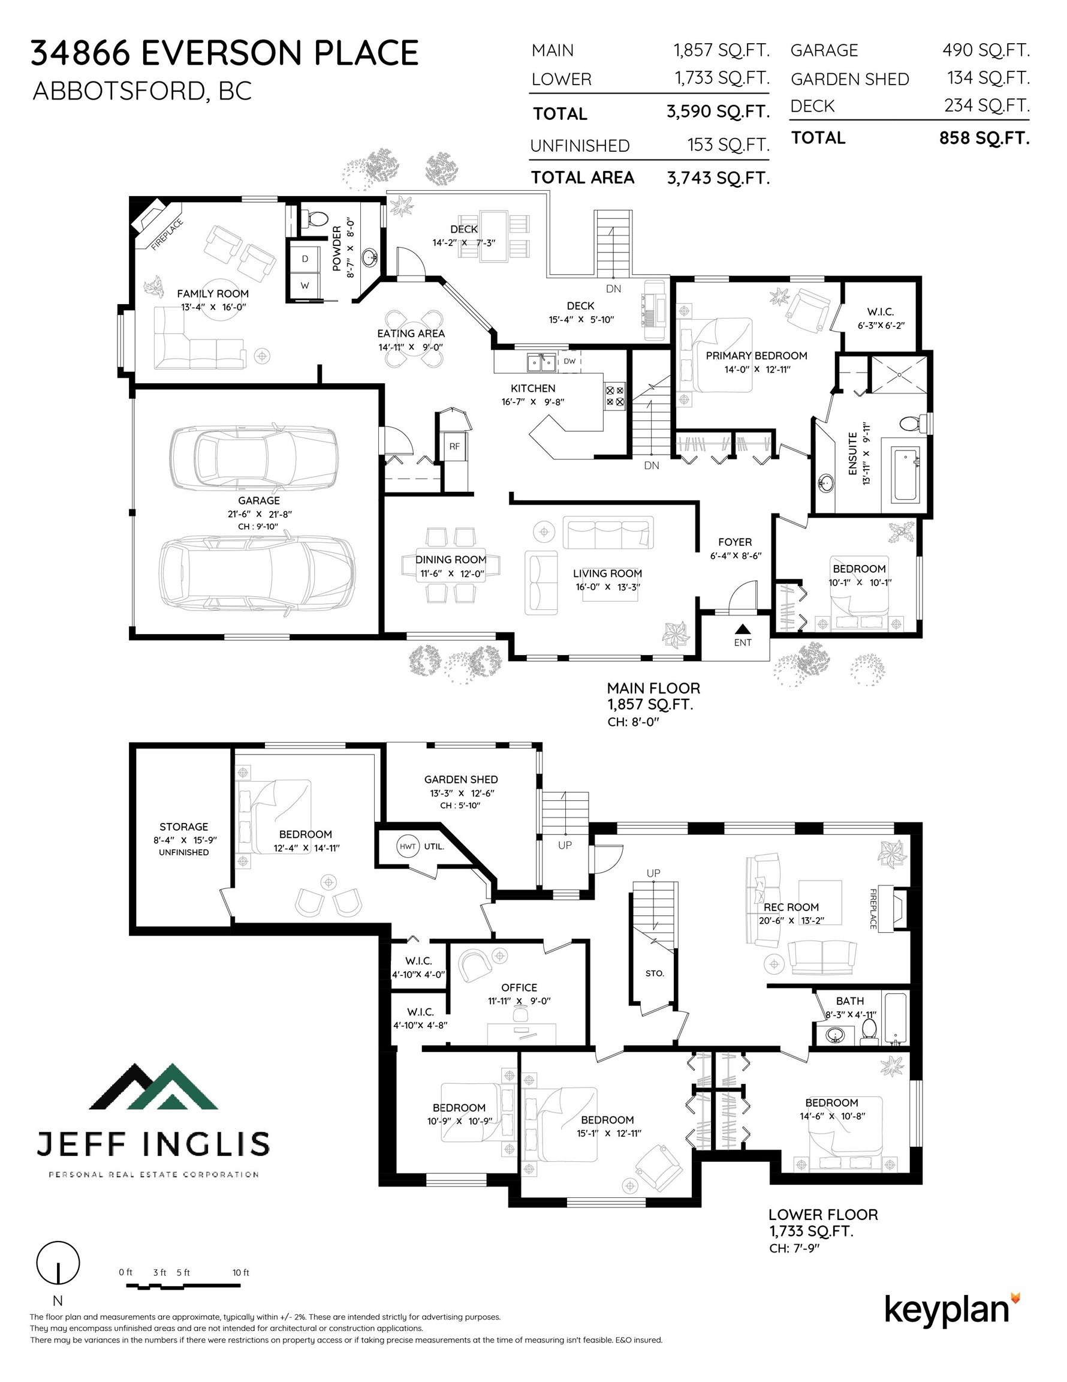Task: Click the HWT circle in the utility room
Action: [408, 846]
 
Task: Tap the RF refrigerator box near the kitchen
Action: [454, 446]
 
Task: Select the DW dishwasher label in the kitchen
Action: [569, 361]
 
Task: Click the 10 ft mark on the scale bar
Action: [241, 1272]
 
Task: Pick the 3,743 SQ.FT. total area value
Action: [719, 178]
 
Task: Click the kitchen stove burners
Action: [615, 396]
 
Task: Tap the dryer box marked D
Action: [305, 259]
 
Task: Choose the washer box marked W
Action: [305, 286]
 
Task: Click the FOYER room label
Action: [735, 542]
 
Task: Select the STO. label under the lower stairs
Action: [655, 974]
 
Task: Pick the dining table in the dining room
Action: [451, 564]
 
